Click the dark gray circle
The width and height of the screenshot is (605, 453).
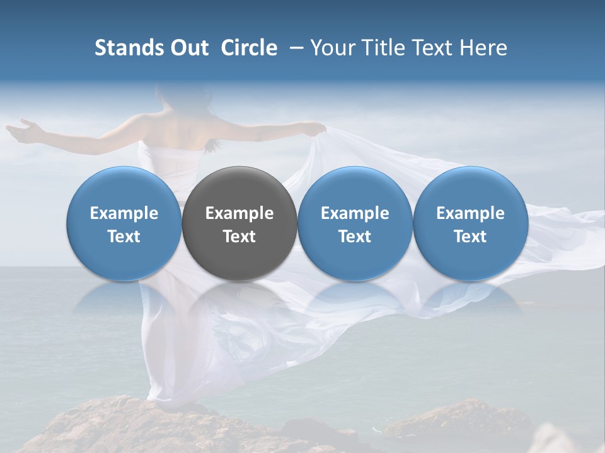[x=239, y=223]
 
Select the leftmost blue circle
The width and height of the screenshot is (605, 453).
[x=124, y=223]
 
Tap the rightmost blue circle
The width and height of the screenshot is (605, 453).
[x=470, y=223]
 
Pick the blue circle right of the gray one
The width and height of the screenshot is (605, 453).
[x=355, y=223]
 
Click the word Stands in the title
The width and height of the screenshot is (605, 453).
[x=129, y=48]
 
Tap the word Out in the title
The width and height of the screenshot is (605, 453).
[x=190, y=48]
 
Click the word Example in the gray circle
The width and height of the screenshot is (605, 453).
[x=239, y=213]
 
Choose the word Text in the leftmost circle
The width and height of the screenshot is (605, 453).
[x=124, y=237]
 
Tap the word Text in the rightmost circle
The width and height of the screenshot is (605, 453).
[x=470, y=237]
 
